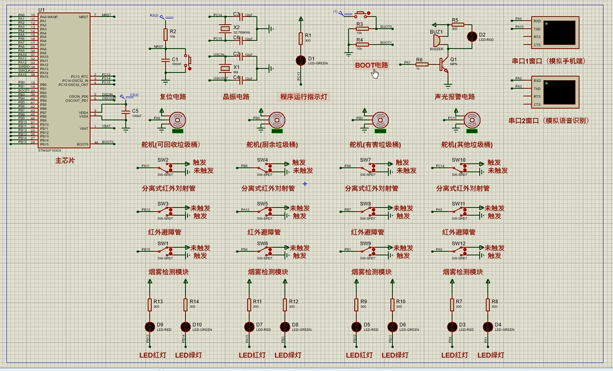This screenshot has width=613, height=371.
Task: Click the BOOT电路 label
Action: click(371, 65)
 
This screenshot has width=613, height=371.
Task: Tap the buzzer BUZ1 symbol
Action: click(435, 41)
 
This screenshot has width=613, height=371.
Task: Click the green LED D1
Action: click(300, 60)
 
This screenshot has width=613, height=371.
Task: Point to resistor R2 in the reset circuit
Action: click(165, 34)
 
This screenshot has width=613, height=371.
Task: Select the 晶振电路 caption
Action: click(236, 97)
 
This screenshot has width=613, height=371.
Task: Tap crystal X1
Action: click(225, 67)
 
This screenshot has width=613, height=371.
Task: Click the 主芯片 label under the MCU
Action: click(64, 159)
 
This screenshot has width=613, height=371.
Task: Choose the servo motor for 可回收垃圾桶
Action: click(176, 120)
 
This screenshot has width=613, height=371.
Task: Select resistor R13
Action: click(150, 304)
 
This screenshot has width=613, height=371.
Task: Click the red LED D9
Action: click(150, 326)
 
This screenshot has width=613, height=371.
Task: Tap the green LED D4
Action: click(488, 326)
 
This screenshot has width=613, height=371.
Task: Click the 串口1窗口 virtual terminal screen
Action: click(559, 32)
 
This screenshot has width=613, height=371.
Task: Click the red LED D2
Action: click(471, 36)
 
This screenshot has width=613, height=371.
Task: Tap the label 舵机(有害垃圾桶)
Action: click(374, 145)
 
